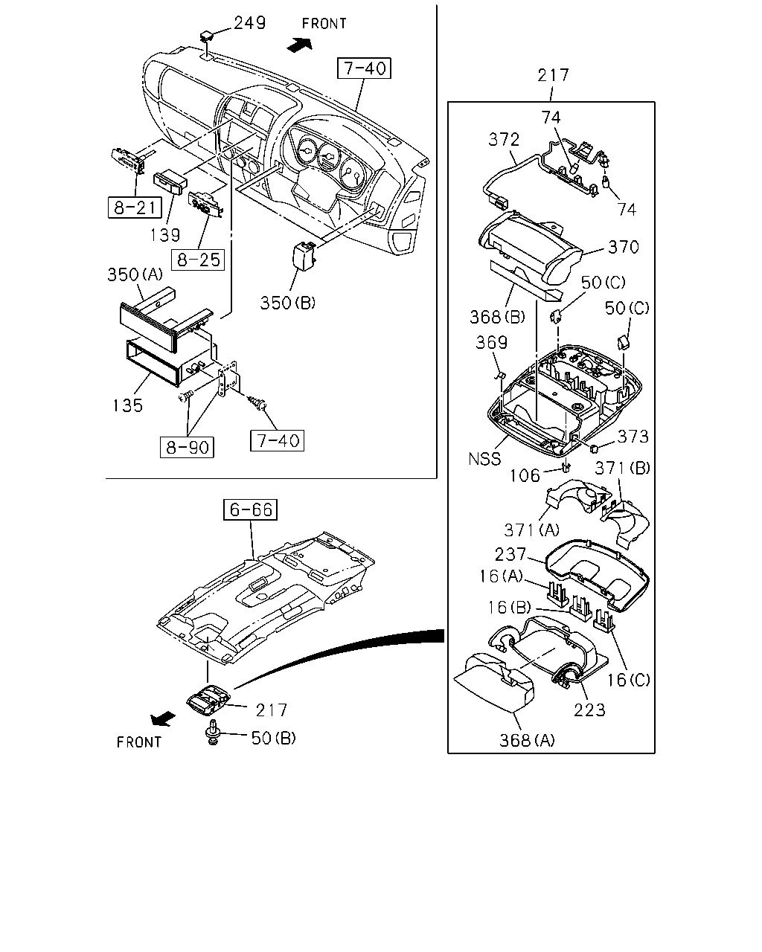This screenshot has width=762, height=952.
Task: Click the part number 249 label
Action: [250, 22]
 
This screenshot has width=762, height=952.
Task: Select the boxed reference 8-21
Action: [135, 207]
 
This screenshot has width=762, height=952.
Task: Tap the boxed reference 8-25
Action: [198, 260]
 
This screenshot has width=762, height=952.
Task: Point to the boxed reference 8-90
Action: [187, 447]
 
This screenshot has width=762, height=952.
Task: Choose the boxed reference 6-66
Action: [250, 509]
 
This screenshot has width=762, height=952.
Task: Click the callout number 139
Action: [164, 235]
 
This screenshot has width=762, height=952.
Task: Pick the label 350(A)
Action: [135, 274]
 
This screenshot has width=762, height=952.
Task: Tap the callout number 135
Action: [127, 405]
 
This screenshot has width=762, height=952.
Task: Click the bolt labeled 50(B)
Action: [214, 733]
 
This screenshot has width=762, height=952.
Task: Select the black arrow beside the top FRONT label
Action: [300, 44]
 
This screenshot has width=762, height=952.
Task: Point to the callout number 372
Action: [504, 140]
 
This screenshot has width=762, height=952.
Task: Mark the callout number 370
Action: [624, 247]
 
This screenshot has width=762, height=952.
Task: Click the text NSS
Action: [484, 459]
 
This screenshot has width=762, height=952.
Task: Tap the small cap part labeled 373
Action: [595, 449]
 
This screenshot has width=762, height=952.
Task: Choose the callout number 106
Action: [525, 476]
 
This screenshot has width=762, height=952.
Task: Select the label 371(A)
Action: [532, 530]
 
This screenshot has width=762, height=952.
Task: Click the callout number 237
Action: [510, 554]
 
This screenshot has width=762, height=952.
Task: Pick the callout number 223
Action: [589, 710]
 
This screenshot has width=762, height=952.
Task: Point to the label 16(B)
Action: [509, 608]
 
